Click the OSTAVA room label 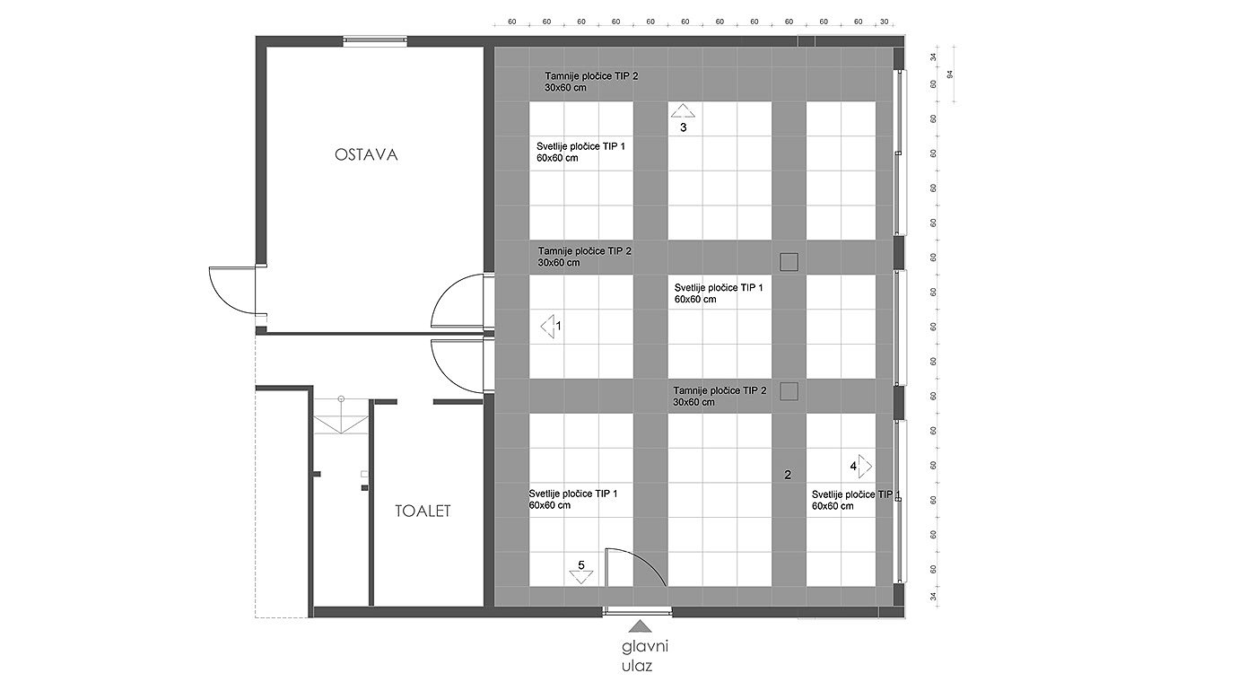[366, 155]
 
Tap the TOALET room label [423, 511]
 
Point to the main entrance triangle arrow [639, 626]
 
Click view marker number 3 [683, 118]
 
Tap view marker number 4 [861, 466]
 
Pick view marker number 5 [581, 572]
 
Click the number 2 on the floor [789, 476]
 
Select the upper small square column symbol [789, 261]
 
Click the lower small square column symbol [789, 391]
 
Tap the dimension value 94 [948, 75]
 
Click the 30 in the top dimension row [885, 22]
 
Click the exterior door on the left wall [231, 289]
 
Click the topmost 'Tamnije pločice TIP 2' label [591, 83]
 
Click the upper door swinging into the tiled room [460, 301]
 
